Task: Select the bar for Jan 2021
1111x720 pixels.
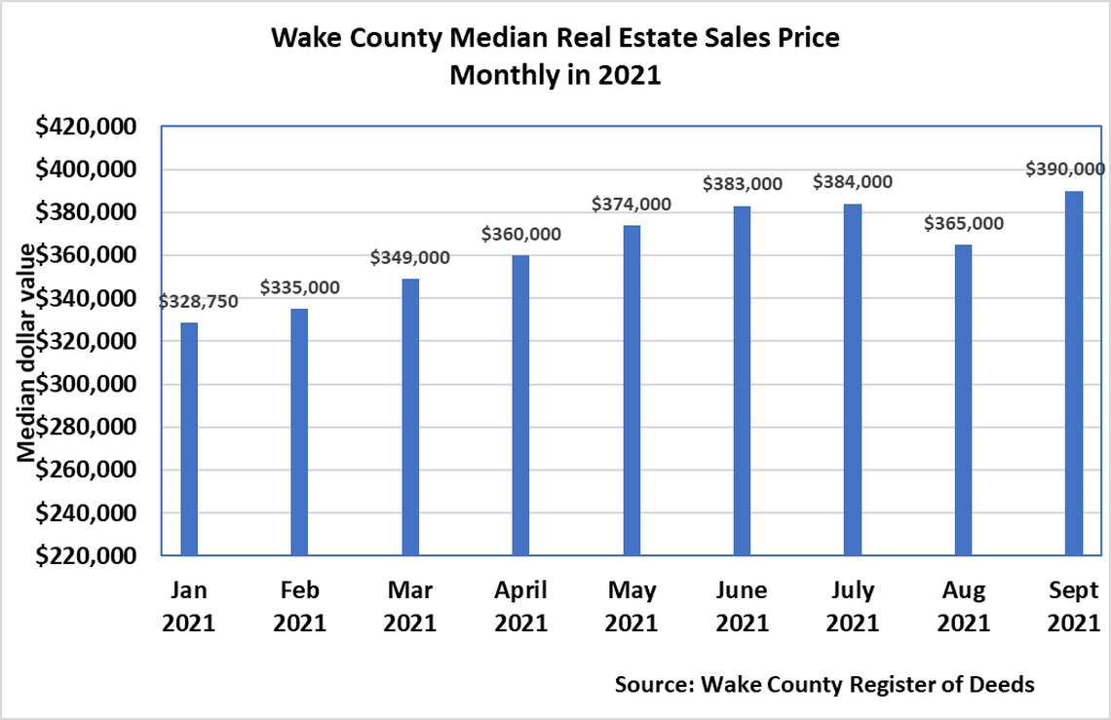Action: click(189, 438)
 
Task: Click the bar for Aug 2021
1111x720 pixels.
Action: click(963, 399)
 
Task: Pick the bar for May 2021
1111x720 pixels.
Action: click(632, 390)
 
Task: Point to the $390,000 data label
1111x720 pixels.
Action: click(1065, 169)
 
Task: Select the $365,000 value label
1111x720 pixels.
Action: click(963, 223)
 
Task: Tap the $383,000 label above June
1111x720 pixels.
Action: click(742, 184)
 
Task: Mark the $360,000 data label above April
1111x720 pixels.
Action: click(520, 234)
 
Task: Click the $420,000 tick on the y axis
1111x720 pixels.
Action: click(85, 127)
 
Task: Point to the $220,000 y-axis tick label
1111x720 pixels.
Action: click(85, 555)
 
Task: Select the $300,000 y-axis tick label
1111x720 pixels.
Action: click(85, 384)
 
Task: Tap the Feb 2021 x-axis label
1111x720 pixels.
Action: click(299, 606)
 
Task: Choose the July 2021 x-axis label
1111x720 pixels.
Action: click(852, 606)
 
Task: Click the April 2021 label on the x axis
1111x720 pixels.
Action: click(520, 606)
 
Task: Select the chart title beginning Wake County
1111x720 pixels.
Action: click(555, 57)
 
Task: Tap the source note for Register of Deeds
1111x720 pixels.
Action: click(824, 684)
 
